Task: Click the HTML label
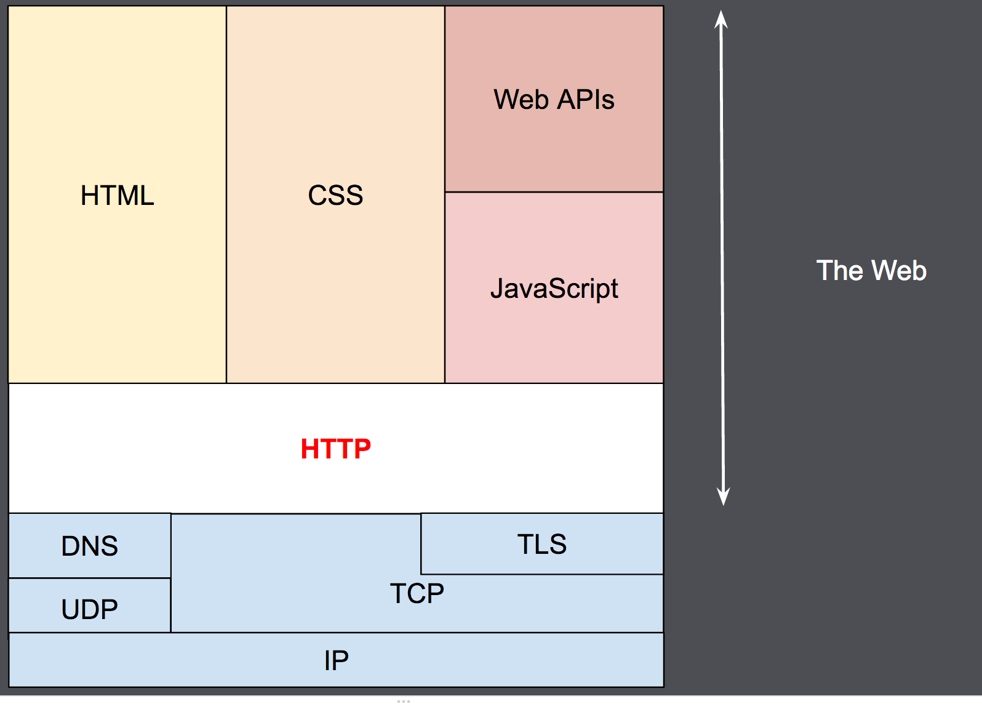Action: coord(117,196)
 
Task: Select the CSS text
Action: coord(335,196)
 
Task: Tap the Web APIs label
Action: coord(554,100)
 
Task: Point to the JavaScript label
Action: coord(554,289)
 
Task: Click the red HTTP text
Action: coord(335,449)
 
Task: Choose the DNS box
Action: coord(90,546)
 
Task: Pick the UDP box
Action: coord(90,609)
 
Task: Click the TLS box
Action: coord(541,544)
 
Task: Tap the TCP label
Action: coord(417,594)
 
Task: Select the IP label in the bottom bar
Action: coord(336,661)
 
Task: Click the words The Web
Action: coord(871,271)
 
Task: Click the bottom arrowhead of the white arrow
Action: coord(724,497)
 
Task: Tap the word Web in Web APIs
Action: coord(521,100)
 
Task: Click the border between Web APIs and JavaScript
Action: coord(554,192)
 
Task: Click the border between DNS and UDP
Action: coord(90,578)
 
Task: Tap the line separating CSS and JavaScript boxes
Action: coord(445,289)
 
